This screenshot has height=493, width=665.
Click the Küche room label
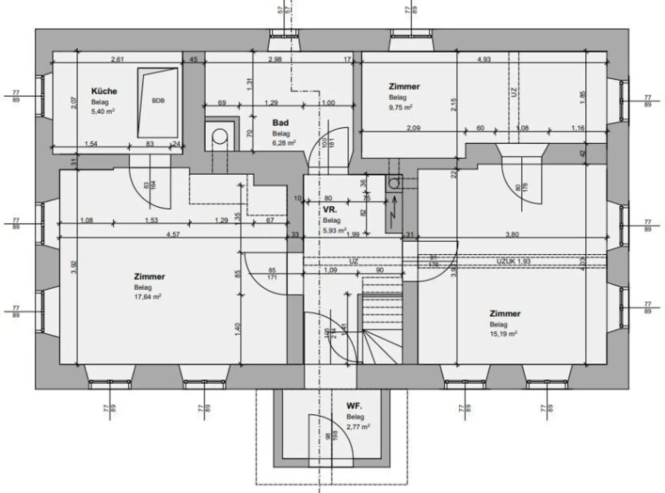(x=104, y=91)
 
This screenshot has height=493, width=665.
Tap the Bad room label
(x=280, y=123)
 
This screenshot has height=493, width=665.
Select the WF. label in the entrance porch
(x=354, y=406)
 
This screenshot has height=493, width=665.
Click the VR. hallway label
(x=330, y=210)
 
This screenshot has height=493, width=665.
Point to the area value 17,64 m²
(x=148, y=297)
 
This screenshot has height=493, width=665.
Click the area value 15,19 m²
(x=504, y=334)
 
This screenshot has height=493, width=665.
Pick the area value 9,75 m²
(x=400, y=107)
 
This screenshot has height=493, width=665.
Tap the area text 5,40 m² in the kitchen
(x=103, y=112)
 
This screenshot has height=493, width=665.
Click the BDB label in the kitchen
(x=158, y=101)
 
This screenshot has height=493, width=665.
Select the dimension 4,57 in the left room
(x=173, y=234)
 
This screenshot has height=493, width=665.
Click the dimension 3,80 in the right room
(x=512, y=234)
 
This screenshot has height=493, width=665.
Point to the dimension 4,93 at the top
(x=484, y=59)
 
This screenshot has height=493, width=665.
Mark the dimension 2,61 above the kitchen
(x=117, y=59)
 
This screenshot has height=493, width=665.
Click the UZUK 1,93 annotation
(x=513, y=262)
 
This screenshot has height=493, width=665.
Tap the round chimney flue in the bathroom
(x=220, y=137)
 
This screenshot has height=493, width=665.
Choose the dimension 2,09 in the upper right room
(x=413, y=128)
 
